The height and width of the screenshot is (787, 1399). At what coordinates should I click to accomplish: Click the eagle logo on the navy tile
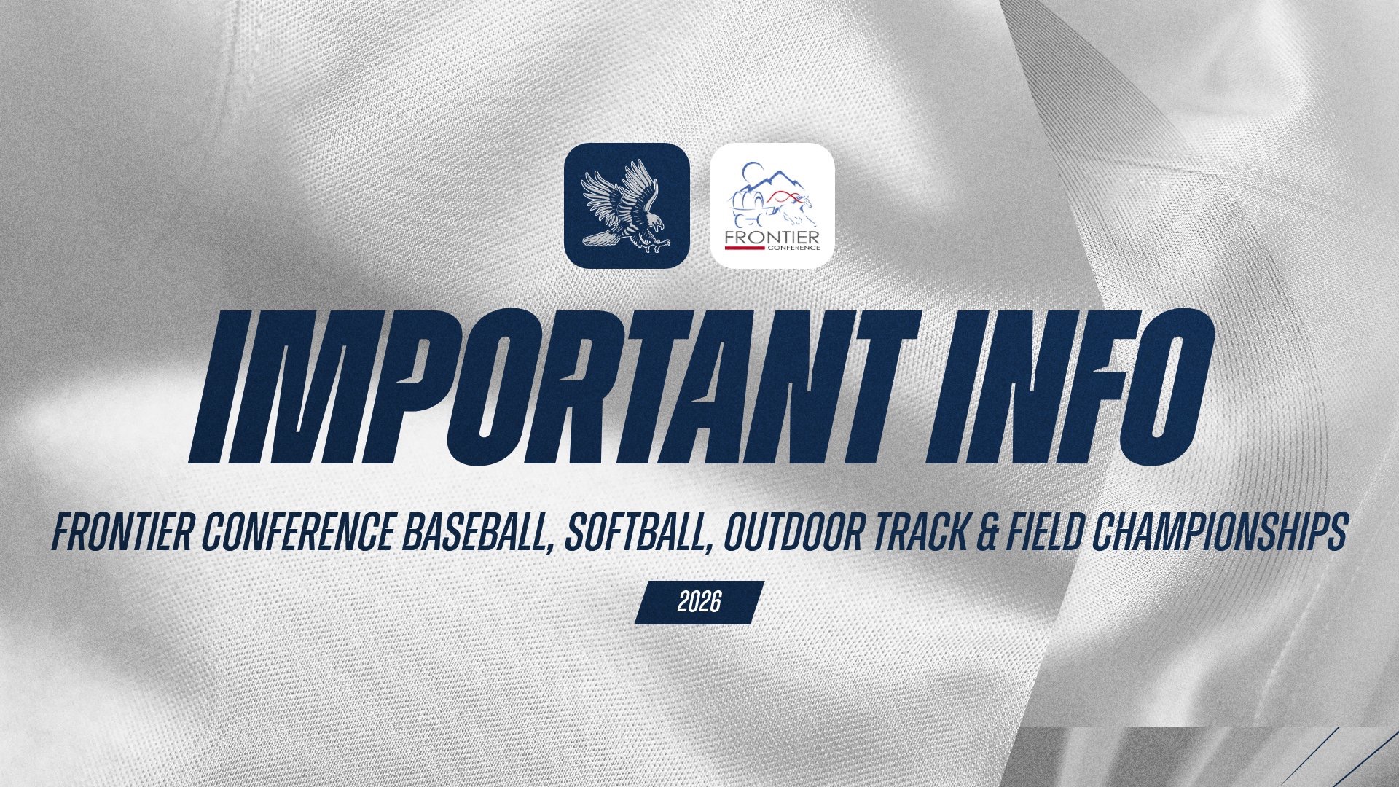pos(627,205)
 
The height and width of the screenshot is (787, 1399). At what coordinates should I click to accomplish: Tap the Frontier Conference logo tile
pos(772,205)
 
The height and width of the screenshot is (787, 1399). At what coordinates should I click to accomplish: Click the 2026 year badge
pos(699,603)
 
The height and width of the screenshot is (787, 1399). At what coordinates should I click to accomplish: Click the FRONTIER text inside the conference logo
pos(772,238)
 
